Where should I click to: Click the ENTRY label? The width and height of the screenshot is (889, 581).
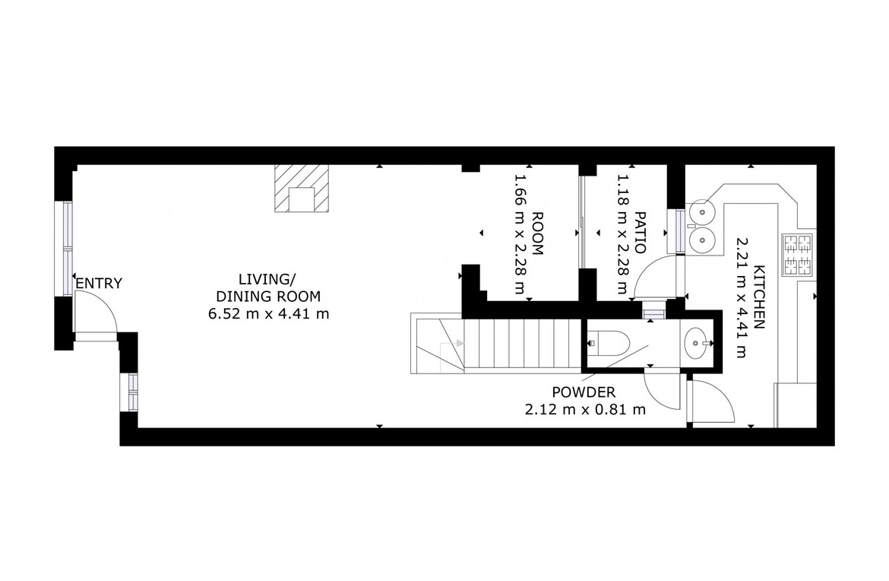(99, 283)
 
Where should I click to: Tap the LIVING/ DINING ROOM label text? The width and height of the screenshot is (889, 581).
(268, 287)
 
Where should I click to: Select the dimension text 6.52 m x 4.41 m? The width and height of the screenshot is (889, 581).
(269, 313)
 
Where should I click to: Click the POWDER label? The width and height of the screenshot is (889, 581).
(584, 392)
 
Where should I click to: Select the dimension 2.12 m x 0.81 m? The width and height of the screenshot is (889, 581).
(585, 409)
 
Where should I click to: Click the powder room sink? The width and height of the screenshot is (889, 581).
(698, 343)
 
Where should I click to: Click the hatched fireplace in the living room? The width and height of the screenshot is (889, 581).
(302, 189)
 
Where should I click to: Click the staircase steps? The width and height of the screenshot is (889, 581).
(521, 345)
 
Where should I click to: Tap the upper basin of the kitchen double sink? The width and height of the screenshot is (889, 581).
(703, 212)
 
